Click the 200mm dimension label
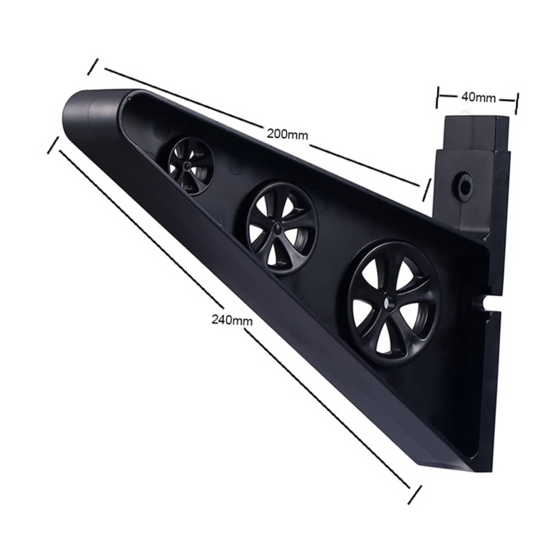coord(287,133)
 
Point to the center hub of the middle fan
coord(276,227)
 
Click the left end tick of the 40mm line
coord(438,97)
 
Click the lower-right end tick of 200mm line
coord(426,189)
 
